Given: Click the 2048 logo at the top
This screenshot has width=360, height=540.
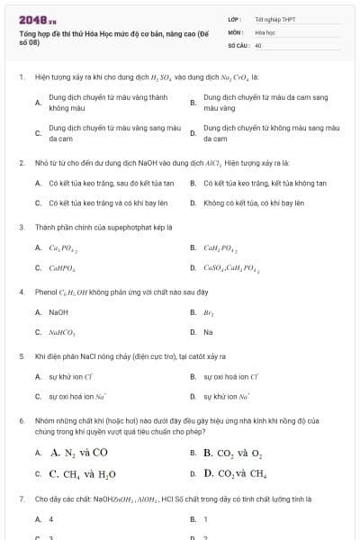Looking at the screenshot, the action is [37, 18].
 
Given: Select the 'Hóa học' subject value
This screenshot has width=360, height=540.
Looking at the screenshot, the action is [265, 31].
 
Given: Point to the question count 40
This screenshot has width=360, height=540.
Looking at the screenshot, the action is [258, 44].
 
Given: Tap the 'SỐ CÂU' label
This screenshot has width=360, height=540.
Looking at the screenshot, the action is [238, 44].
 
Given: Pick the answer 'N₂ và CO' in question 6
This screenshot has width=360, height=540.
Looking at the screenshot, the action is [79, 453].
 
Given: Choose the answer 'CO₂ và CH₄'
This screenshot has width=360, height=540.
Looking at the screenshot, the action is [235, 473].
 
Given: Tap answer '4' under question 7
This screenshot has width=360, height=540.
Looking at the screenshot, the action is [51, 519].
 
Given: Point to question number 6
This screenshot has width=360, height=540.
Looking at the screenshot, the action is [21, 420].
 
